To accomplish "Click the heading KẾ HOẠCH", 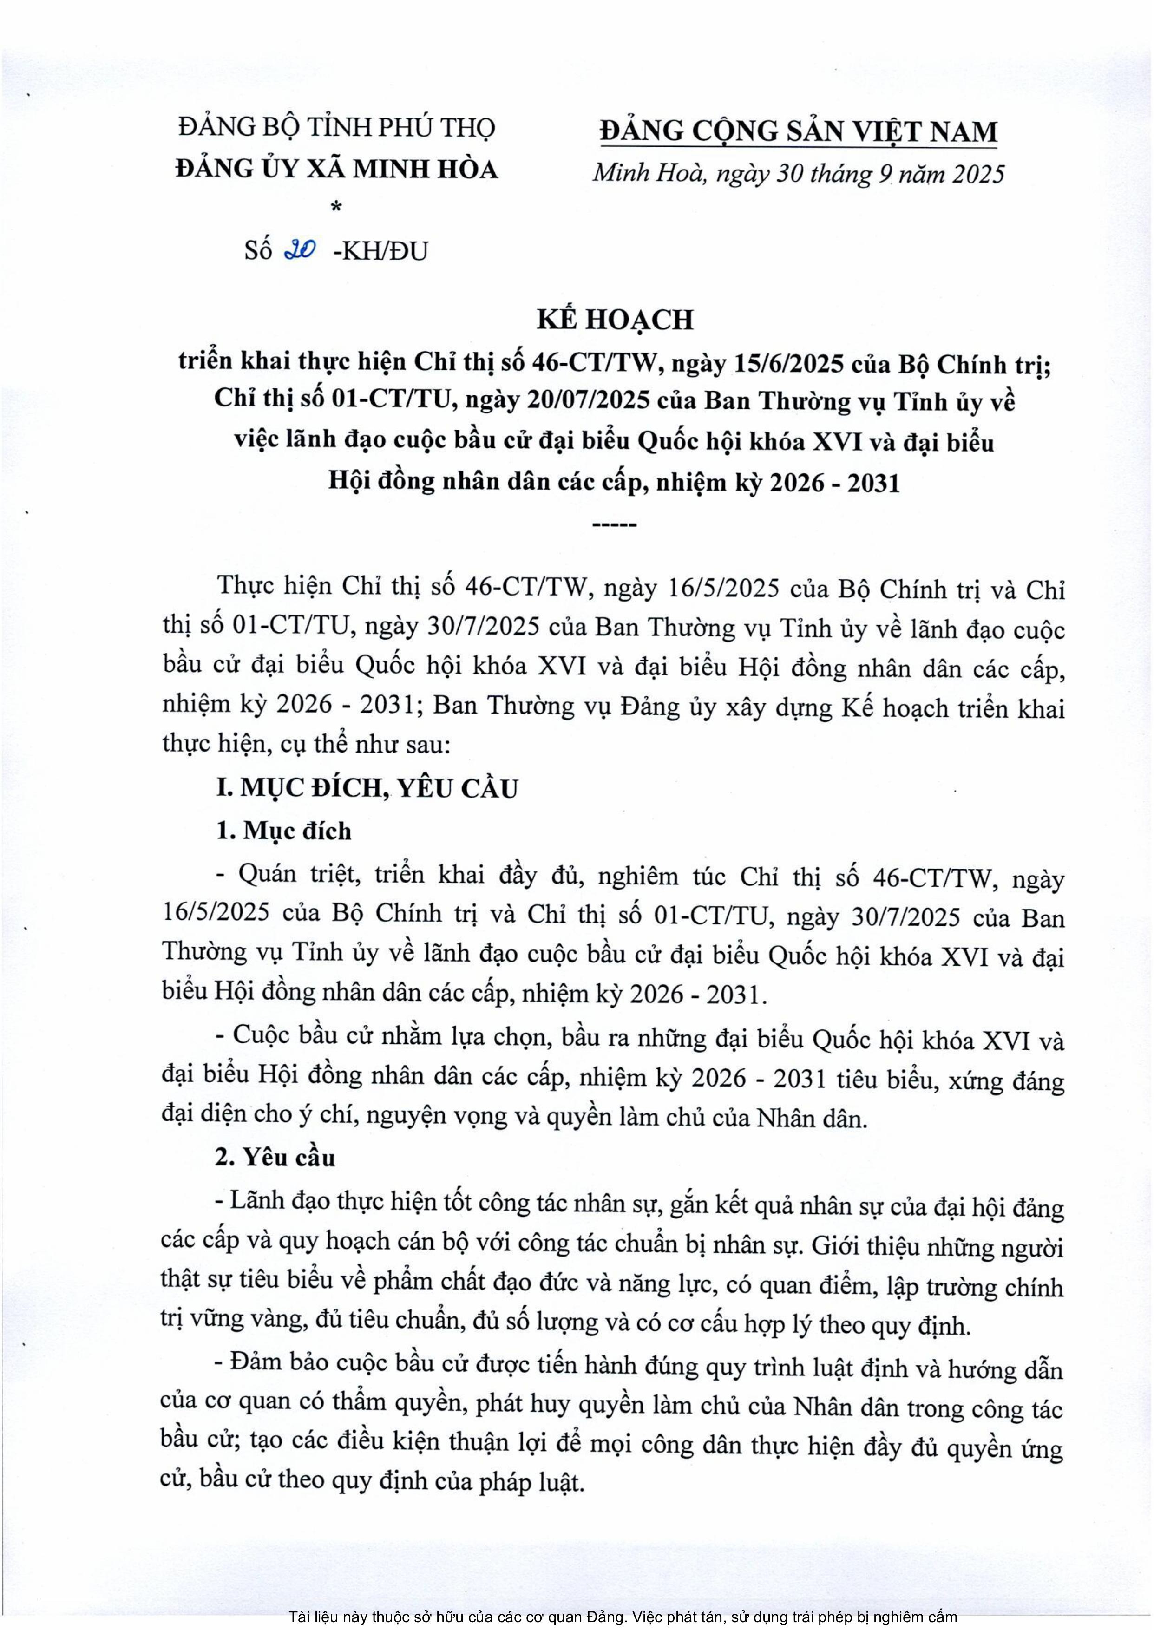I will coord(615,321).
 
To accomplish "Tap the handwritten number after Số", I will coord(300,250).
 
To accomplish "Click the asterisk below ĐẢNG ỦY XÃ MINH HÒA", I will coord(336,208).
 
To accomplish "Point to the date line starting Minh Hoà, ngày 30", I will coord(798,173).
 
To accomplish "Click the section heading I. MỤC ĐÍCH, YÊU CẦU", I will coord(367,788).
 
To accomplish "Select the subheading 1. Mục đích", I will coord(283,831).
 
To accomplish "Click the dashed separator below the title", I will coord(615,525).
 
